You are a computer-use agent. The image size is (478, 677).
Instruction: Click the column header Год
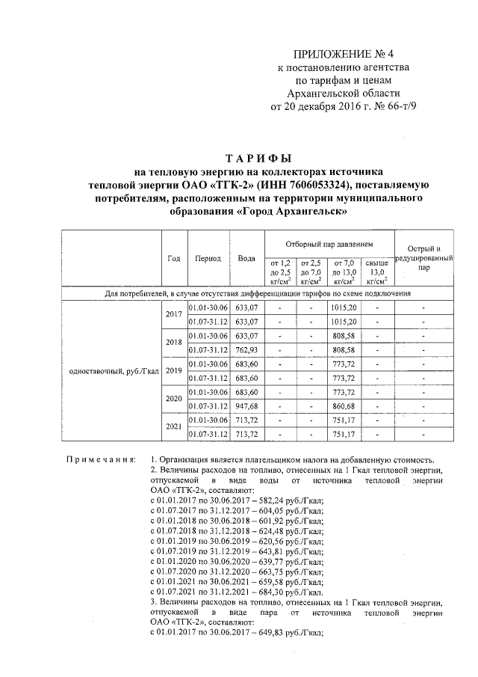click(x=174, y=258)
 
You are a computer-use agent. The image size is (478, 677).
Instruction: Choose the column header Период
click(x=208, y=258)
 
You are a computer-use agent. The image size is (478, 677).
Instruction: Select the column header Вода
click(x=246, y=258)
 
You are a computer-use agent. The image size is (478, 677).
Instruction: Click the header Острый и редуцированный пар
click(x=423, y=257)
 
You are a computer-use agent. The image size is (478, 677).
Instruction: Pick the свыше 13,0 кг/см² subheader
click(x=376, y=273)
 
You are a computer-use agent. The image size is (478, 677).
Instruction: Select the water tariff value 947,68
click(x=246, y=405)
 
